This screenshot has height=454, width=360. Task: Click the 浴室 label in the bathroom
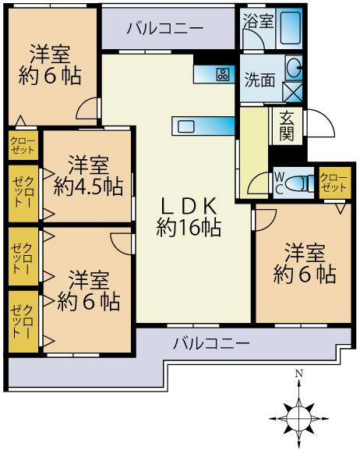point(259,21)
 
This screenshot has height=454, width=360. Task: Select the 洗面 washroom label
point(259,79)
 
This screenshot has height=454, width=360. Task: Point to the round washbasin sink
point(295,69)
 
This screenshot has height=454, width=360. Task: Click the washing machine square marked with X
point(295,91)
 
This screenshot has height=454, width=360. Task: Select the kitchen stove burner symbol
point(224,75)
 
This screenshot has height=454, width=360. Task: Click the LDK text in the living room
point(189,205)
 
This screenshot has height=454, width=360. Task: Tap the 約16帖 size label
point(189,228)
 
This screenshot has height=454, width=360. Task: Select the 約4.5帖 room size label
point(87,187)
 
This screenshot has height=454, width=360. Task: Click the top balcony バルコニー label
point(165,28)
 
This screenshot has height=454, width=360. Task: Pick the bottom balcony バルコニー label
point(211,342)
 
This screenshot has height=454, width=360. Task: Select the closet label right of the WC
point(334,183)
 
